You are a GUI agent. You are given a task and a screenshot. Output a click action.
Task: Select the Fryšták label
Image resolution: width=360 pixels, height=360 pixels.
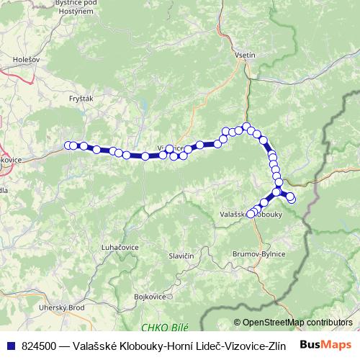tap(82, 98)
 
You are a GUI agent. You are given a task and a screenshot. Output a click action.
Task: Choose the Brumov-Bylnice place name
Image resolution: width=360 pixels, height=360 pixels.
tap(258, 254)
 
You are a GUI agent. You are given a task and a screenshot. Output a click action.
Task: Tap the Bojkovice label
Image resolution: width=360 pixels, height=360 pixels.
tap(150, 296)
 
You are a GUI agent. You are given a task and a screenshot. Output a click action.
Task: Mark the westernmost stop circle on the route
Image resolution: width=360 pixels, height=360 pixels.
tap(68, 145)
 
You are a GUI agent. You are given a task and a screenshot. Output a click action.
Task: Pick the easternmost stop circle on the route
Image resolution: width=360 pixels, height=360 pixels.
tap(292, 199)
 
